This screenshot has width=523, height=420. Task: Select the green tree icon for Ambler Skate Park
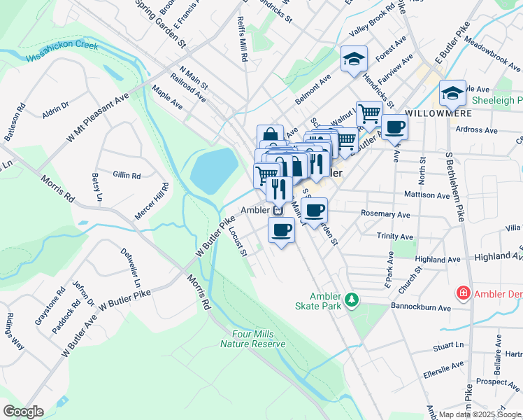[x=353, y=300]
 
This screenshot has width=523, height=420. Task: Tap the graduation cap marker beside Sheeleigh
[x=452, y=93]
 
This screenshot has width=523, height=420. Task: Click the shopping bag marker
[x=269, y=136]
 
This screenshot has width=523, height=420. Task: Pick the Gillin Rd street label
[x=127, y=175]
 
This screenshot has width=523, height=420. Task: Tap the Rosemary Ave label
[x=385, y=213]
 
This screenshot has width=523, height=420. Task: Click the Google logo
[x=23, y=411]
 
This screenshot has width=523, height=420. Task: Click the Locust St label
[x=239, y=241]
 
